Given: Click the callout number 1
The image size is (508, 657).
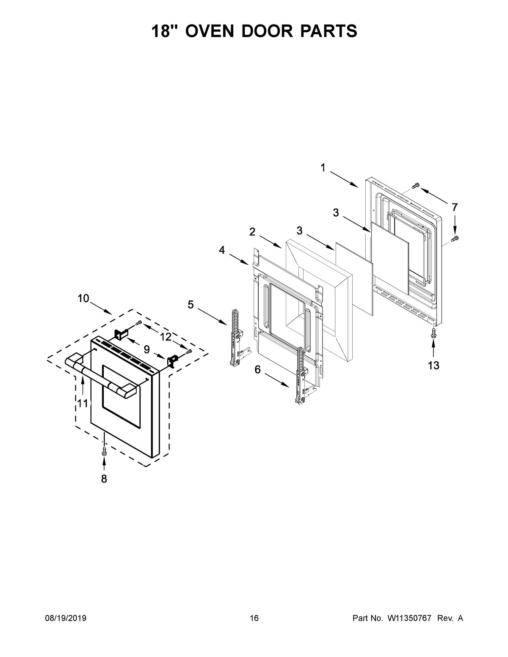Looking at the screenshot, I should pos(323,168).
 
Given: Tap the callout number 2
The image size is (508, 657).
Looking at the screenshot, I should pos(252,231).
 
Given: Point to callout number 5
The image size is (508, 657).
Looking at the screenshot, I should pos(191,304).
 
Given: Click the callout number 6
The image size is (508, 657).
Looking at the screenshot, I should pos(257,369).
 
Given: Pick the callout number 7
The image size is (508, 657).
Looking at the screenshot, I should pos(455,207).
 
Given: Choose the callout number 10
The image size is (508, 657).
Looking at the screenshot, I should pos(83,298).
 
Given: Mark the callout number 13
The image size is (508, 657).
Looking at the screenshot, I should pos(433,366).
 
